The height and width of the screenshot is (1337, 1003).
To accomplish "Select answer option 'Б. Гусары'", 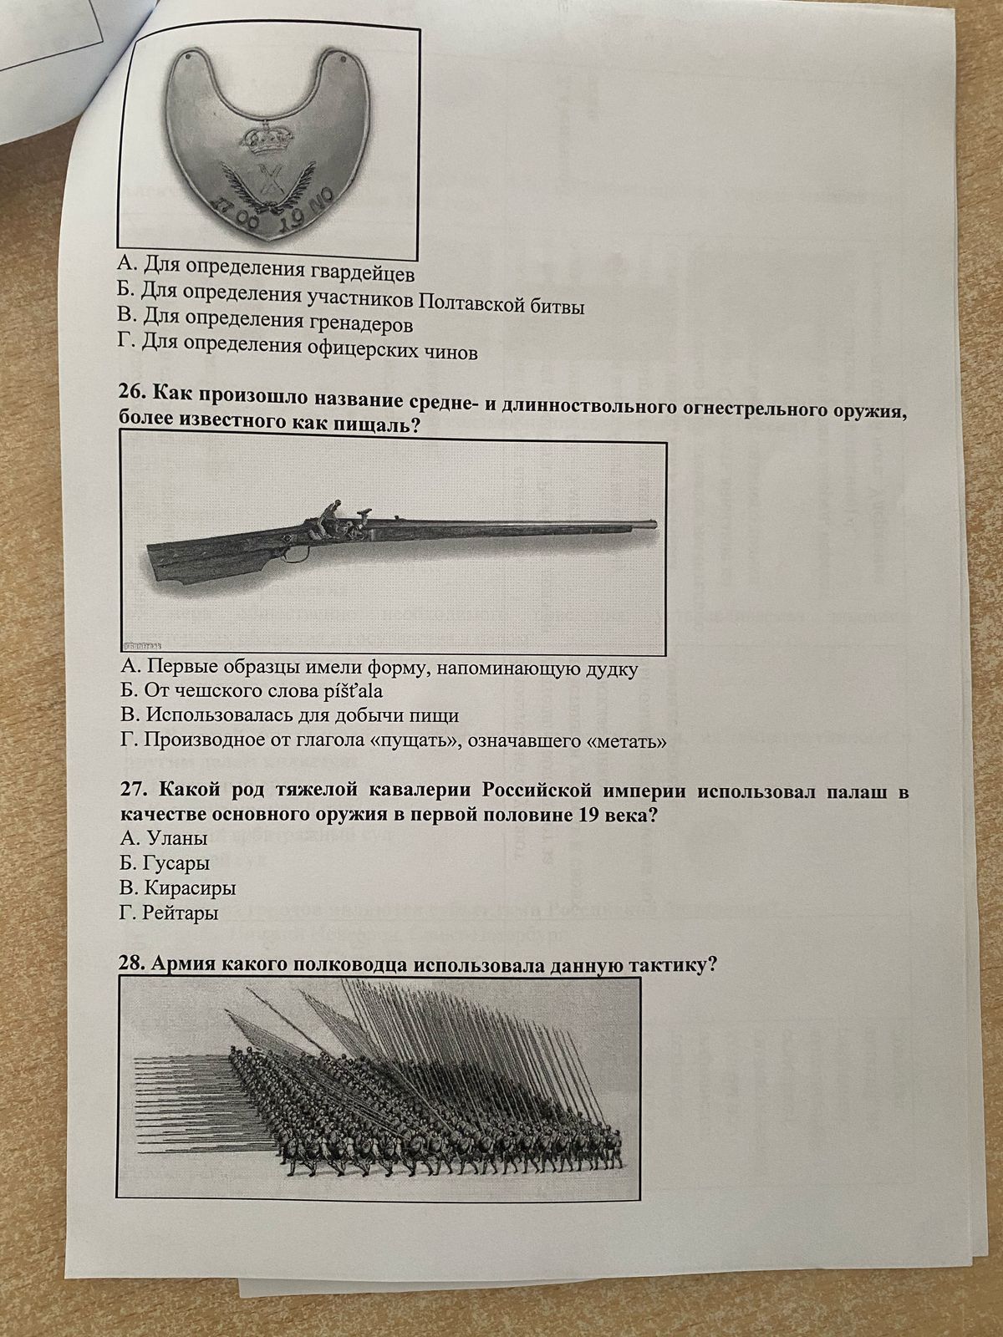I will point(165,862).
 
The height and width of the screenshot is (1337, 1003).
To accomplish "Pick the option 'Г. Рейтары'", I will point(169,913).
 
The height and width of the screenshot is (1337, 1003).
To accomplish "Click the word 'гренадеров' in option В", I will point(359,324).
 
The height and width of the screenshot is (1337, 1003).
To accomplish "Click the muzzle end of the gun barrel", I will point(655,522).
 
